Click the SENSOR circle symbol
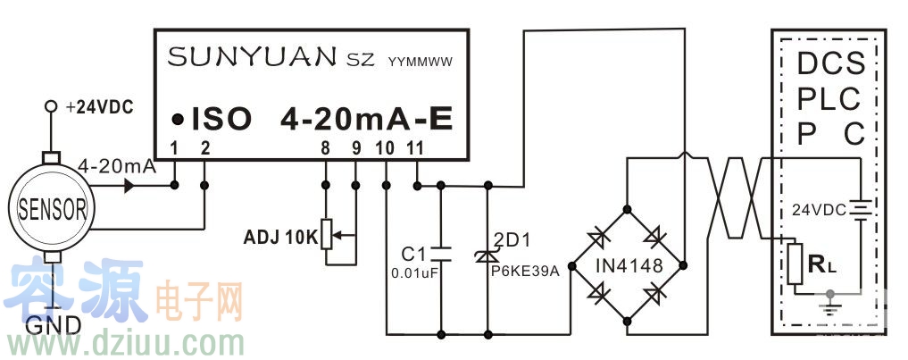51,209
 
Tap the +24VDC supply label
99,107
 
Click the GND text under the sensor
54,324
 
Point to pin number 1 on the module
175,147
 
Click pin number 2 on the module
205,147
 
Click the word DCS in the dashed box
830,64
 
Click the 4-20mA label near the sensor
117,166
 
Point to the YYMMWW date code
421,63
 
